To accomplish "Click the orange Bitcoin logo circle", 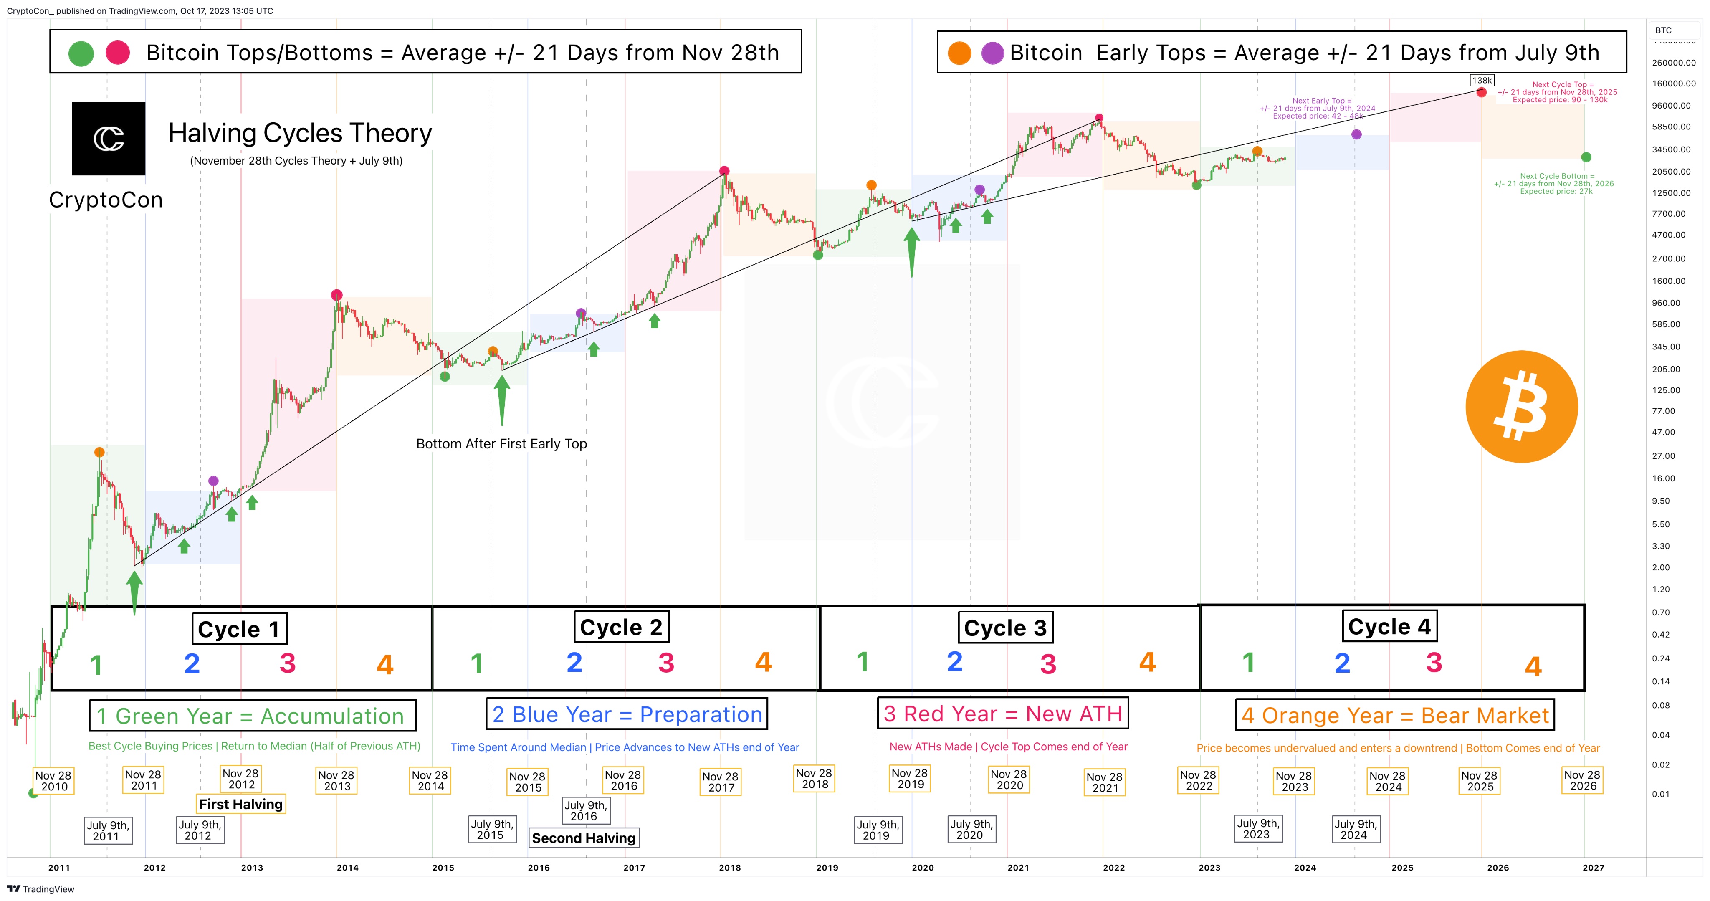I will pyautogui.click(x=1521, y=406).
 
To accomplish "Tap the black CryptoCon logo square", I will pyautogui.click(x=108, y=138).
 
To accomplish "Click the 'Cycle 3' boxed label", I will pyautogui.click(x=1004, y=628).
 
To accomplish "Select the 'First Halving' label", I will pyautogui.click(x=241, y=804).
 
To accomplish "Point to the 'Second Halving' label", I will pyautogui.click(x=584, y=838).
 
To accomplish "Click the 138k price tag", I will pyautogui.click(x=1482, y=80).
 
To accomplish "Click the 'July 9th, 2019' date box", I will pyautogui.click(x=878, y=830).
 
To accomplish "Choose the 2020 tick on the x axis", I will pyautogui.click(x=922, y=867).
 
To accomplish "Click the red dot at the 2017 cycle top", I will pyautogui.click(x=724, y=171).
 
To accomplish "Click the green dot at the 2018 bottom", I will pyautogui.click(x=818, y=255).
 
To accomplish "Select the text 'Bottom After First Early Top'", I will pyautogui.click(x=501, y=443).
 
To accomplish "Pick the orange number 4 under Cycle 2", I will pyautogui.click(x=764, y=662).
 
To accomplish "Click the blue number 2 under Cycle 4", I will pyautogui.click(x=1342, y=663).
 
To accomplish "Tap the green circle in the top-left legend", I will pyautogui.click(x=81, y=53).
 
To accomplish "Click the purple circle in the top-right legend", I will pyautogui.click(x=992, y=53).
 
